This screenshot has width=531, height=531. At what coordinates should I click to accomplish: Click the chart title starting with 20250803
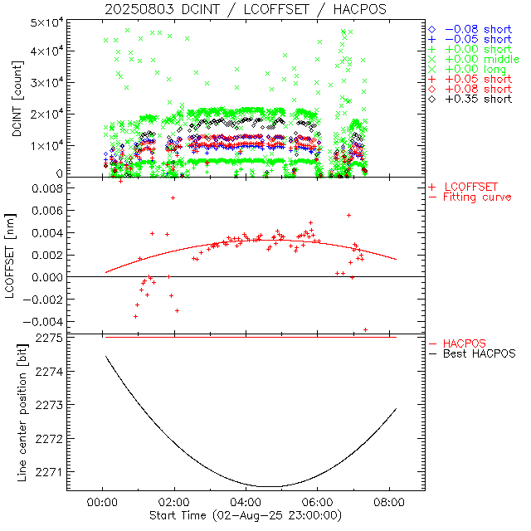click(246, 9)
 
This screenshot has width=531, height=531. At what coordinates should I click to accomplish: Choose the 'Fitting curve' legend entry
click(477, 197)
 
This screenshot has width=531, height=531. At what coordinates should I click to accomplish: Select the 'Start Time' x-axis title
click(246, 516)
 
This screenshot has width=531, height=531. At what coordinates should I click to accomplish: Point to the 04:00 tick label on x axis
click(246, 502)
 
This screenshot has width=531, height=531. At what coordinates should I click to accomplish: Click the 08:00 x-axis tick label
click(390, 502)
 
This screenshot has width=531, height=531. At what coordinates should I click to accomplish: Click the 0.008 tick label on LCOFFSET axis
click(48, 188)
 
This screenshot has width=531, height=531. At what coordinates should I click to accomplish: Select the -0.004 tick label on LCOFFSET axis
click(45, 321)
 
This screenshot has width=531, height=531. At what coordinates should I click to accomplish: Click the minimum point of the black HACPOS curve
click(270, 486)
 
